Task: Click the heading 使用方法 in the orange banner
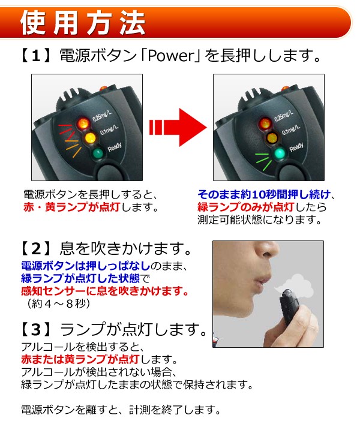[x=83, y=23]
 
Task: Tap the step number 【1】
[x=36, y=56]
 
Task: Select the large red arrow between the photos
[x=178, y=127]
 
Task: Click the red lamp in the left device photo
[x=83, y=124]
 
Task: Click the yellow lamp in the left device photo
[x=89, y=138]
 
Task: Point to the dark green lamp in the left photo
[x=98, y=154]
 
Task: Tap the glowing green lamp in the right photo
[x=280, y=154]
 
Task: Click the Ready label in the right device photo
[x=296, y=147]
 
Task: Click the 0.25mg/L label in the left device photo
[x=102, y=116]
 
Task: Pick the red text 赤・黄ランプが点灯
[x=71, y=208]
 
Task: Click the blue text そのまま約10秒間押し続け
[x=264, y=195]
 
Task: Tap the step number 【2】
[x=36, y=248]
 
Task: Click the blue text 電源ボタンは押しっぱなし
[x=86, y=266]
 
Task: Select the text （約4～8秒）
[x=58, y=303]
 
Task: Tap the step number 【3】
[x=36, y=329]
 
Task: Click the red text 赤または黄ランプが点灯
[x=80, y=359]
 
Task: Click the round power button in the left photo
[x=109, y=172]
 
